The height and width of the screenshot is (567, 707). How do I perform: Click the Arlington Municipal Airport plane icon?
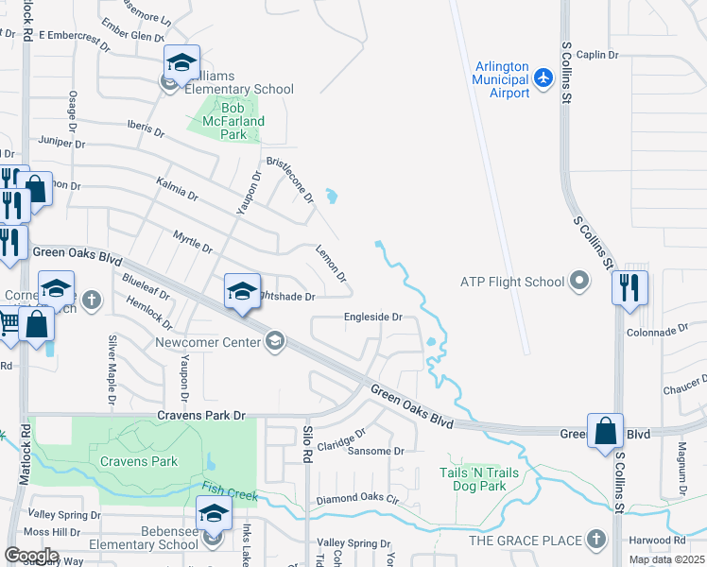(x=543, y=77)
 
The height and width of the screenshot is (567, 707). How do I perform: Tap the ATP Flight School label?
(x=511, y=282)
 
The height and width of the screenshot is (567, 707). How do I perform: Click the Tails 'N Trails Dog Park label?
(x=486, y=479)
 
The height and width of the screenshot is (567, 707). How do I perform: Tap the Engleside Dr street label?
(x=373, y=318)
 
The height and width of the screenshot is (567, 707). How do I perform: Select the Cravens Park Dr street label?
(x=200, y=415)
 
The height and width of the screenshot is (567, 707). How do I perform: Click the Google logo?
(x=28, y=555)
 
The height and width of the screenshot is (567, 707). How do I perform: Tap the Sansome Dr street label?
(x=376, y=451)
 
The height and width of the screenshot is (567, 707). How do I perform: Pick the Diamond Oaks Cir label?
(x=358, y=499)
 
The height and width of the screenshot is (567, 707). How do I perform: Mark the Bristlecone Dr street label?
(x=289, y=179)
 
